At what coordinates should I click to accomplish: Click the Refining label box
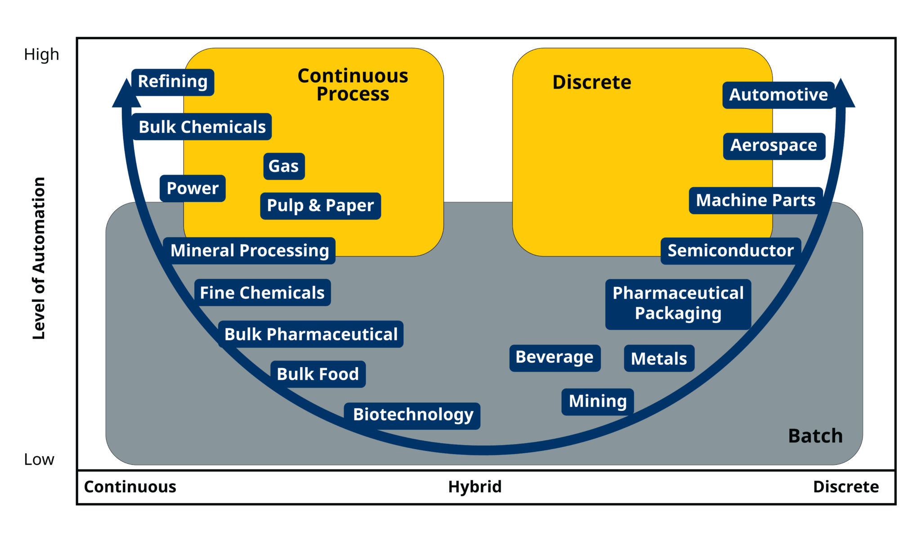tap(173, 82)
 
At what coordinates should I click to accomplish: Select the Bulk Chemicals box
tap(202, 127)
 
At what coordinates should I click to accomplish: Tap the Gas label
tap(284, 166)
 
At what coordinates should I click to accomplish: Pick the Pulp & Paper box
tap(320, 206)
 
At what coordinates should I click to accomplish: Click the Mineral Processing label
tap(249, 251)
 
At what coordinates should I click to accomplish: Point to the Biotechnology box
tap(412, 415)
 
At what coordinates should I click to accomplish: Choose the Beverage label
tap(554, 358)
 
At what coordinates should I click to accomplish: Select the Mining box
tap(597, 401)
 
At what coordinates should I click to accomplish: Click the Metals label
tap(659, 359)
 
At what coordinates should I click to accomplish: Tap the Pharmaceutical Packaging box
tap(678, 304)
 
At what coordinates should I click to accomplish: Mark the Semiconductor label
tap(730, 251)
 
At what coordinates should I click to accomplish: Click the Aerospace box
tap(773, 146)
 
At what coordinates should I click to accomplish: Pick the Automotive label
tap(778, 95)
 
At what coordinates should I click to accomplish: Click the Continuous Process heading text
tap(353, 85)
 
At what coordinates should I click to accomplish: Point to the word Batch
tap(815, 436)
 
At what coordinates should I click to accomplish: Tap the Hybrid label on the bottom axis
tap(474, 487)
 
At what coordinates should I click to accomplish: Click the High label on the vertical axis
tap(41, 54)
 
